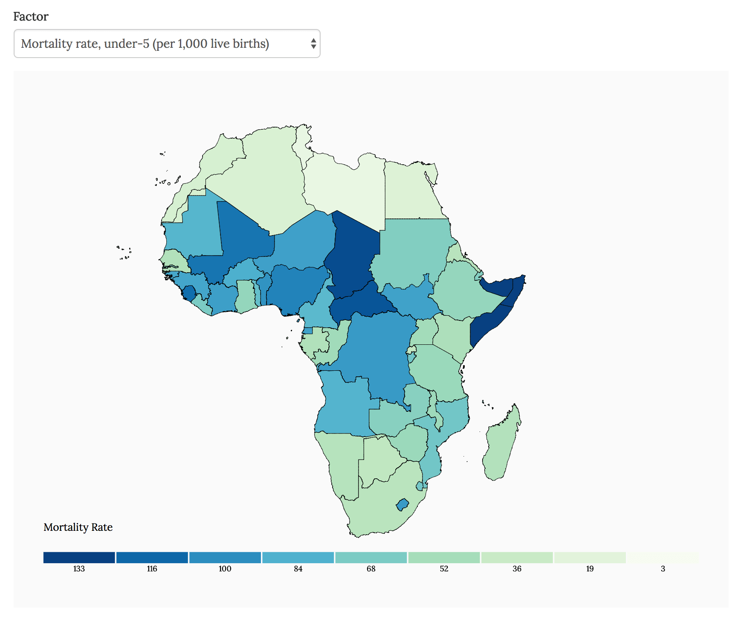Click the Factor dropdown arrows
[x=313, y=44]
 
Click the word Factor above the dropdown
[x=31, y=17]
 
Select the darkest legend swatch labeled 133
[x=79, y=557]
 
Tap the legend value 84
[x=298, y=569]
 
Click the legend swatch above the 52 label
[x=444, y=557]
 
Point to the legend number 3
[x=663, y=569]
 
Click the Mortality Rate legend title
[x=78, y=527]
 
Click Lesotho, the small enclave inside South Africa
[x=402, y=505]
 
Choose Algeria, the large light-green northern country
[x=264, y=179]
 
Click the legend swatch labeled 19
[x=590, y=557]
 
